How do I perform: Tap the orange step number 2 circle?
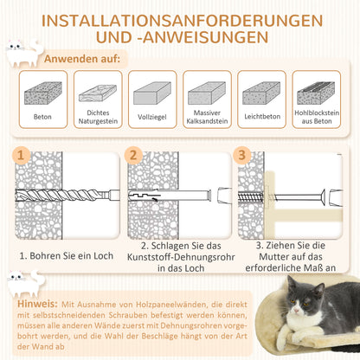click(x=132, y=155)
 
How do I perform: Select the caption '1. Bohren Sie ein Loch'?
click(x=67, y=256)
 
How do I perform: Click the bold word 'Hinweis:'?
click(x=37, y=305)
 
